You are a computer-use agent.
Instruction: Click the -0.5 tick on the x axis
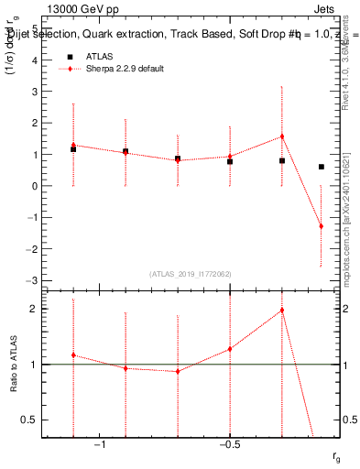pos(229,444)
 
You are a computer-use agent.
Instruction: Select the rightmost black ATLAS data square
pos(321,167)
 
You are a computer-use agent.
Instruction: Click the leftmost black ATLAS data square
pos(73,148)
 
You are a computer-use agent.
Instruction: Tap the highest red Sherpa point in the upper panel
pos(282,136)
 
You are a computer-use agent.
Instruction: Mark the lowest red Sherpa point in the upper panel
pos(321,226)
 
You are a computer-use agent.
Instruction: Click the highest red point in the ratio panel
pos(282,310)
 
